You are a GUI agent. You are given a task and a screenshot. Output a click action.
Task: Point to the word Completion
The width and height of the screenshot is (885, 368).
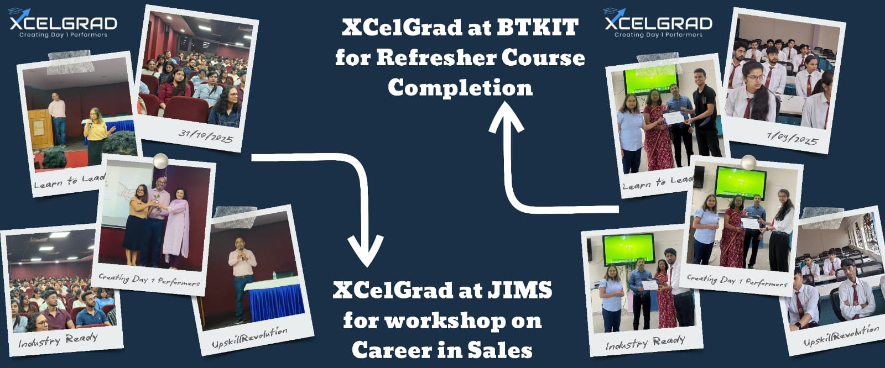pos(460,88)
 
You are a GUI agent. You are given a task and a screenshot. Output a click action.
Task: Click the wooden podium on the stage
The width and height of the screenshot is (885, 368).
pos(40,129)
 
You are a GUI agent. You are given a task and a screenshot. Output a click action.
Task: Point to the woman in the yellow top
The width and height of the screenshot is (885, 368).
pos(95,136)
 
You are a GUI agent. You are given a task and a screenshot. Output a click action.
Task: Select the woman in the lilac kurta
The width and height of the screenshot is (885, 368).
pos(176,227)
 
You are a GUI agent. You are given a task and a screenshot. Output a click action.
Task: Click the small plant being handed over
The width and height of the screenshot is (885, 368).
pos(157,198)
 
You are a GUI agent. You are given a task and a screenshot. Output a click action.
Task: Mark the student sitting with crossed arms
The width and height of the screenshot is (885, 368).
pos(855,290)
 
